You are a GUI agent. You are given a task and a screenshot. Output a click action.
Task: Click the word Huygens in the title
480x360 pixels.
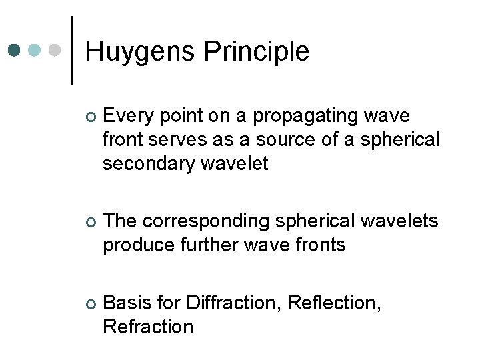(x=141, y=52)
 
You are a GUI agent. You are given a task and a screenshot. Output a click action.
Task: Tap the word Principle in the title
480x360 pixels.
(x=257, y=52)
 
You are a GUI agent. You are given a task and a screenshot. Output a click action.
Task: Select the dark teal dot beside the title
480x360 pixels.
(x=15, y=50)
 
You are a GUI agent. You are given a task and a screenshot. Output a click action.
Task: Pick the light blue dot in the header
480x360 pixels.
(x=35, y=50)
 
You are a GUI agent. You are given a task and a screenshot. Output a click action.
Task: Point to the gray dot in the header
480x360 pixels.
(x=56, y=50)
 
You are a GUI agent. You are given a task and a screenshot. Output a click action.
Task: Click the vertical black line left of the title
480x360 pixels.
(x=72, y=50)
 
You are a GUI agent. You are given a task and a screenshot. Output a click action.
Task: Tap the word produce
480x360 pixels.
(x=136, y=245)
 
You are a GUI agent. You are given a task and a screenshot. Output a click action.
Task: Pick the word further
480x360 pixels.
(x=207, y=245)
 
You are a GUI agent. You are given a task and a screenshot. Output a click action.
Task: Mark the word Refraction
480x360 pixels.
(x=148, y=326)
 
